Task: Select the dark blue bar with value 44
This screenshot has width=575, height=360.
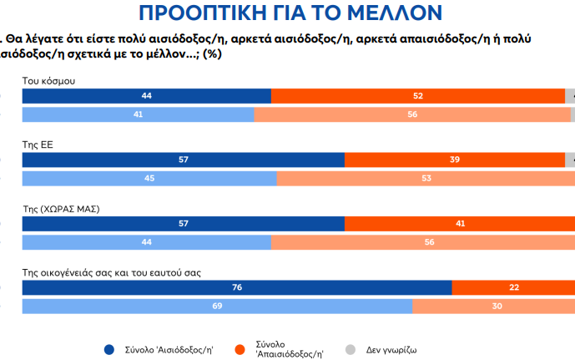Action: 147,96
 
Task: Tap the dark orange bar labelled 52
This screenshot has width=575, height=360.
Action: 418,96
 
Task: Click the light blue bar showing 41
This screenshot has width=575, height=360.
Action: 138,114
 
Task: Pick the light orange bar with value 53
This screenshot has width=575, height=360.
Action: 426,178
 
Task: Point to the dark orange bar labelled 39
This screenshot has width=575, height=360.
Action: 455,160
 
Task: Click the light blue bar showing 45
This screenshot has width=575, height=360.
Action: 149,178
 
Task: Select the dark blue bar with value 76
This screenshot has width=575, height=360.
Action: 237,287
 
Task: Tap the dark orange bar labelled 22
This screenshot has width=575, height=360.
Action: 513,287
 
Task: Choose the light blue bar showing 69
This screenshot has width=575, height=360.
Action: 217,307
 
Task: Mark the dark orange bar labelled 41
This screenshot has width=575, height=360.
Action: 460,223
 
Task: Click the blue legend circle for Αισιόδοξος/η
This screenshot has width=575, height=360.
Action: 109,349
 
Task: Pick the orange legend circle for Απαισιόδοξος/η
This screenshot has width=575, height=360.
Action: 240,349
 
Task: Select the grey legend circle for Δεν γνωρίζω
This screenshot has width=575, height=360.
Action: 350,349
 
